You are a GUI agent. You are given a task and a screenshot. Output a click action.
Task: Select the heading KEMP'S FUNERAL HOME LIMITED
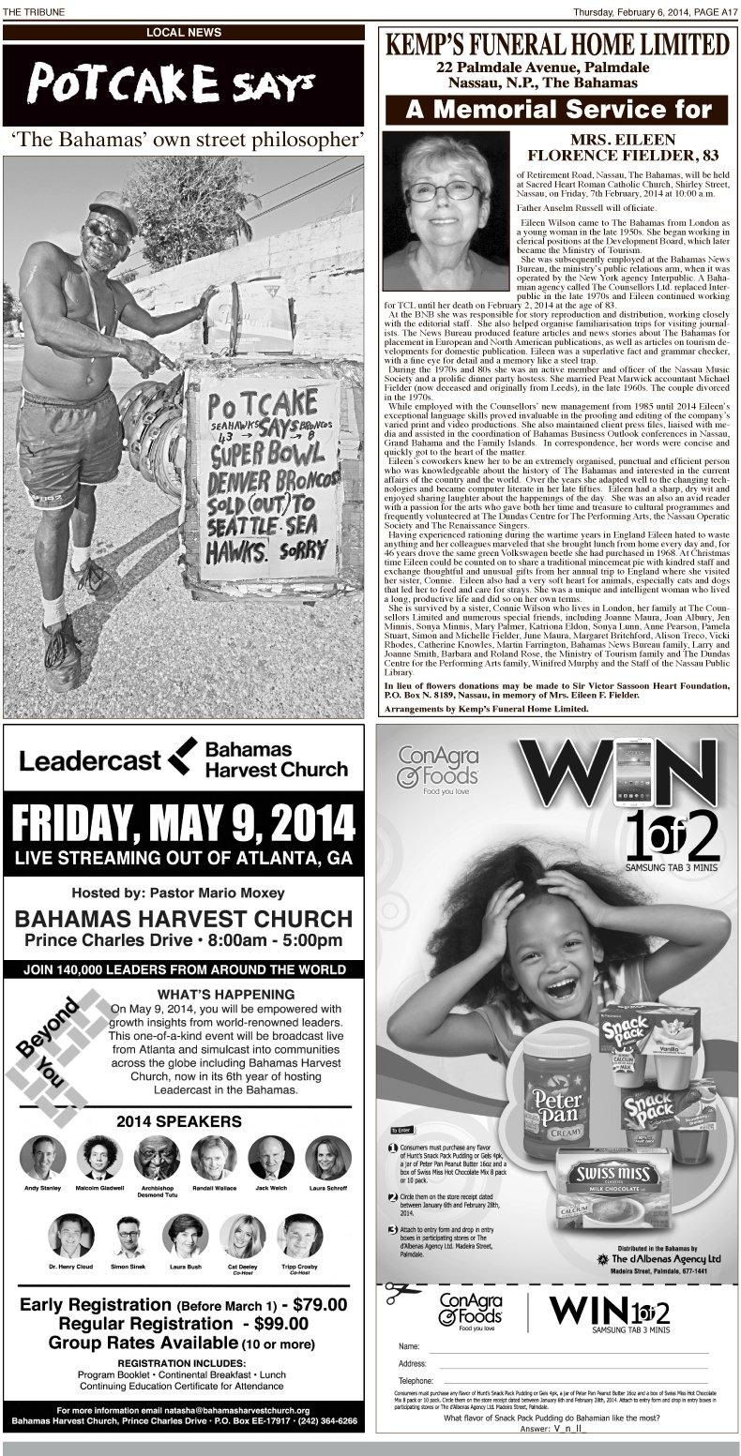click(558, 44)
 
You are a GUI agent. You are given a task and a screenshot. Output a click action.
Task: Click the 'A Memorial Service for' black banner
click(558, 110)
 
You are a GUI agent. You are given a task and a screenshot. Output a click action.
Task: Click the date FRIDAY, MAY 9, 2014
click(184, 825)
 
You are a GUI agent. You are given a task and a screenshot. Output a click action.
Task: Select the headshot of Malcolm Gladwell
click(99, 1157)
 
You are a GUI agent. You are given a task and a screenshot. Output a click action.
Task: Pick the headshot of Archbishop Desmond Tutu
click(157, 1157)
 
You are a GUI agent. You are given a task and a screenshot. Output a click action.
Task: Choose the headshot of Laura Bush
click(185, 1236)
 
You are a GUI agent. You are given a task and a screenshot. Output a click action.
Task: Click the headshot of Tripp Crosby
click(299, 1236)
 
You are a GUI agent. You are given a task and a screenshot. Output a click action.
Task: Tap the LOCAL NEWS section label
click(184, 33)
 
